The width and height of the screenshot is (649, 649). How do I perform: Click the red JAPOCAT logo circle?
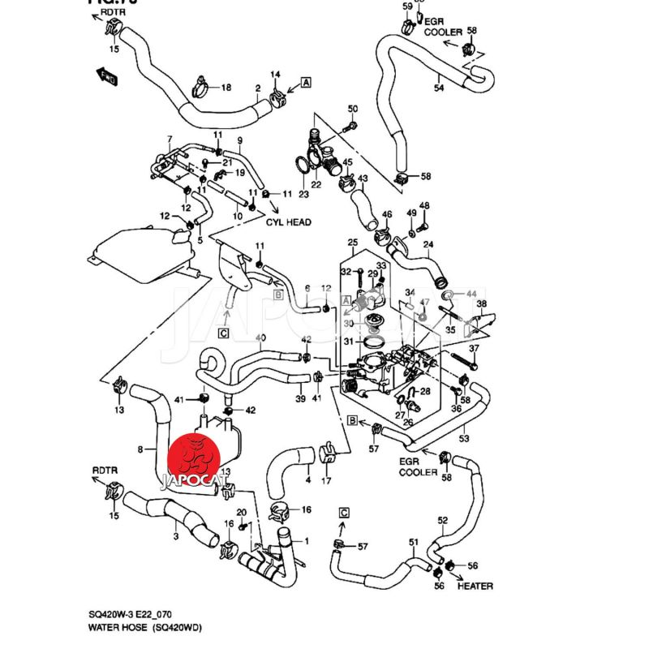196,458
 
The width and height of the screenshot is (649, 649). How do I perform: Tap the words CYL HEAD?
289,221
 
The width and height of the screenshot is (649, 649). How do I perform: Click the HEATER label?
475,586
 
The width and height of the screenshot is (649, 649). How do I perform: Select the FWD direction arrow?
106,76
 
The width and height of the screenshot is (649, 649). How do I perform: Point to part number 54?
439,88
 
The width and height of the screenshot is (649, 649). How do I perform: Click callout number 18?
226,88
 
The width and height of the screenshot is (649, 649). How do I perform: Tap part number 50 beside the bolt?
352,110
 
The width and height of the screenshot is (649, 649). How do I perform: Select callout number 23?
303,195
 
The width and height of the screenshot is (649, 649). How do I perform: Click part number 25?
352,243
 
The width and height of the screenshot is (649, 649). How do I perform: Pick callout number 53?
464,439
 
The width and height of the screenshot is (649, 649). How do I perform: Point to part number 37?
475,350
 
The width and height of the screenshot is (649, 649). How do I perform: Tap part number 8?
141,449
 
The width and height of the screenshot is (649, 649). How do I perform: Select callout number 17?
327,481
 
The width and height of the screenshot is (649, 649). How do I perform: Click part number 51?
413,542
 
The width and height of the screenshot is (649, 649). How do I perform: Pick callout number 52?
442,520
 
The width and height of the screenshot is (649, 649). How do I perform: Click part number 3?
176,536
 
